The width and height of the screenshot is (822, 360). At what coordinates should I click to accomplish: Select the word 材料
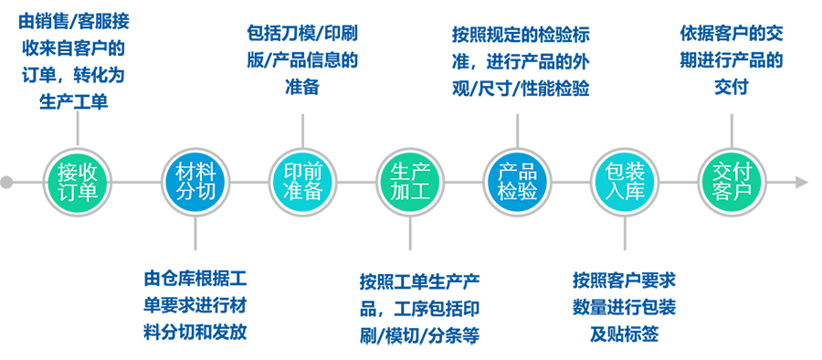click(195, 170)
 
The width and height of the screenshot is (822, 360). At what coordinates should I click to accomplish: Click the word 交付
click(732, 170)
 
